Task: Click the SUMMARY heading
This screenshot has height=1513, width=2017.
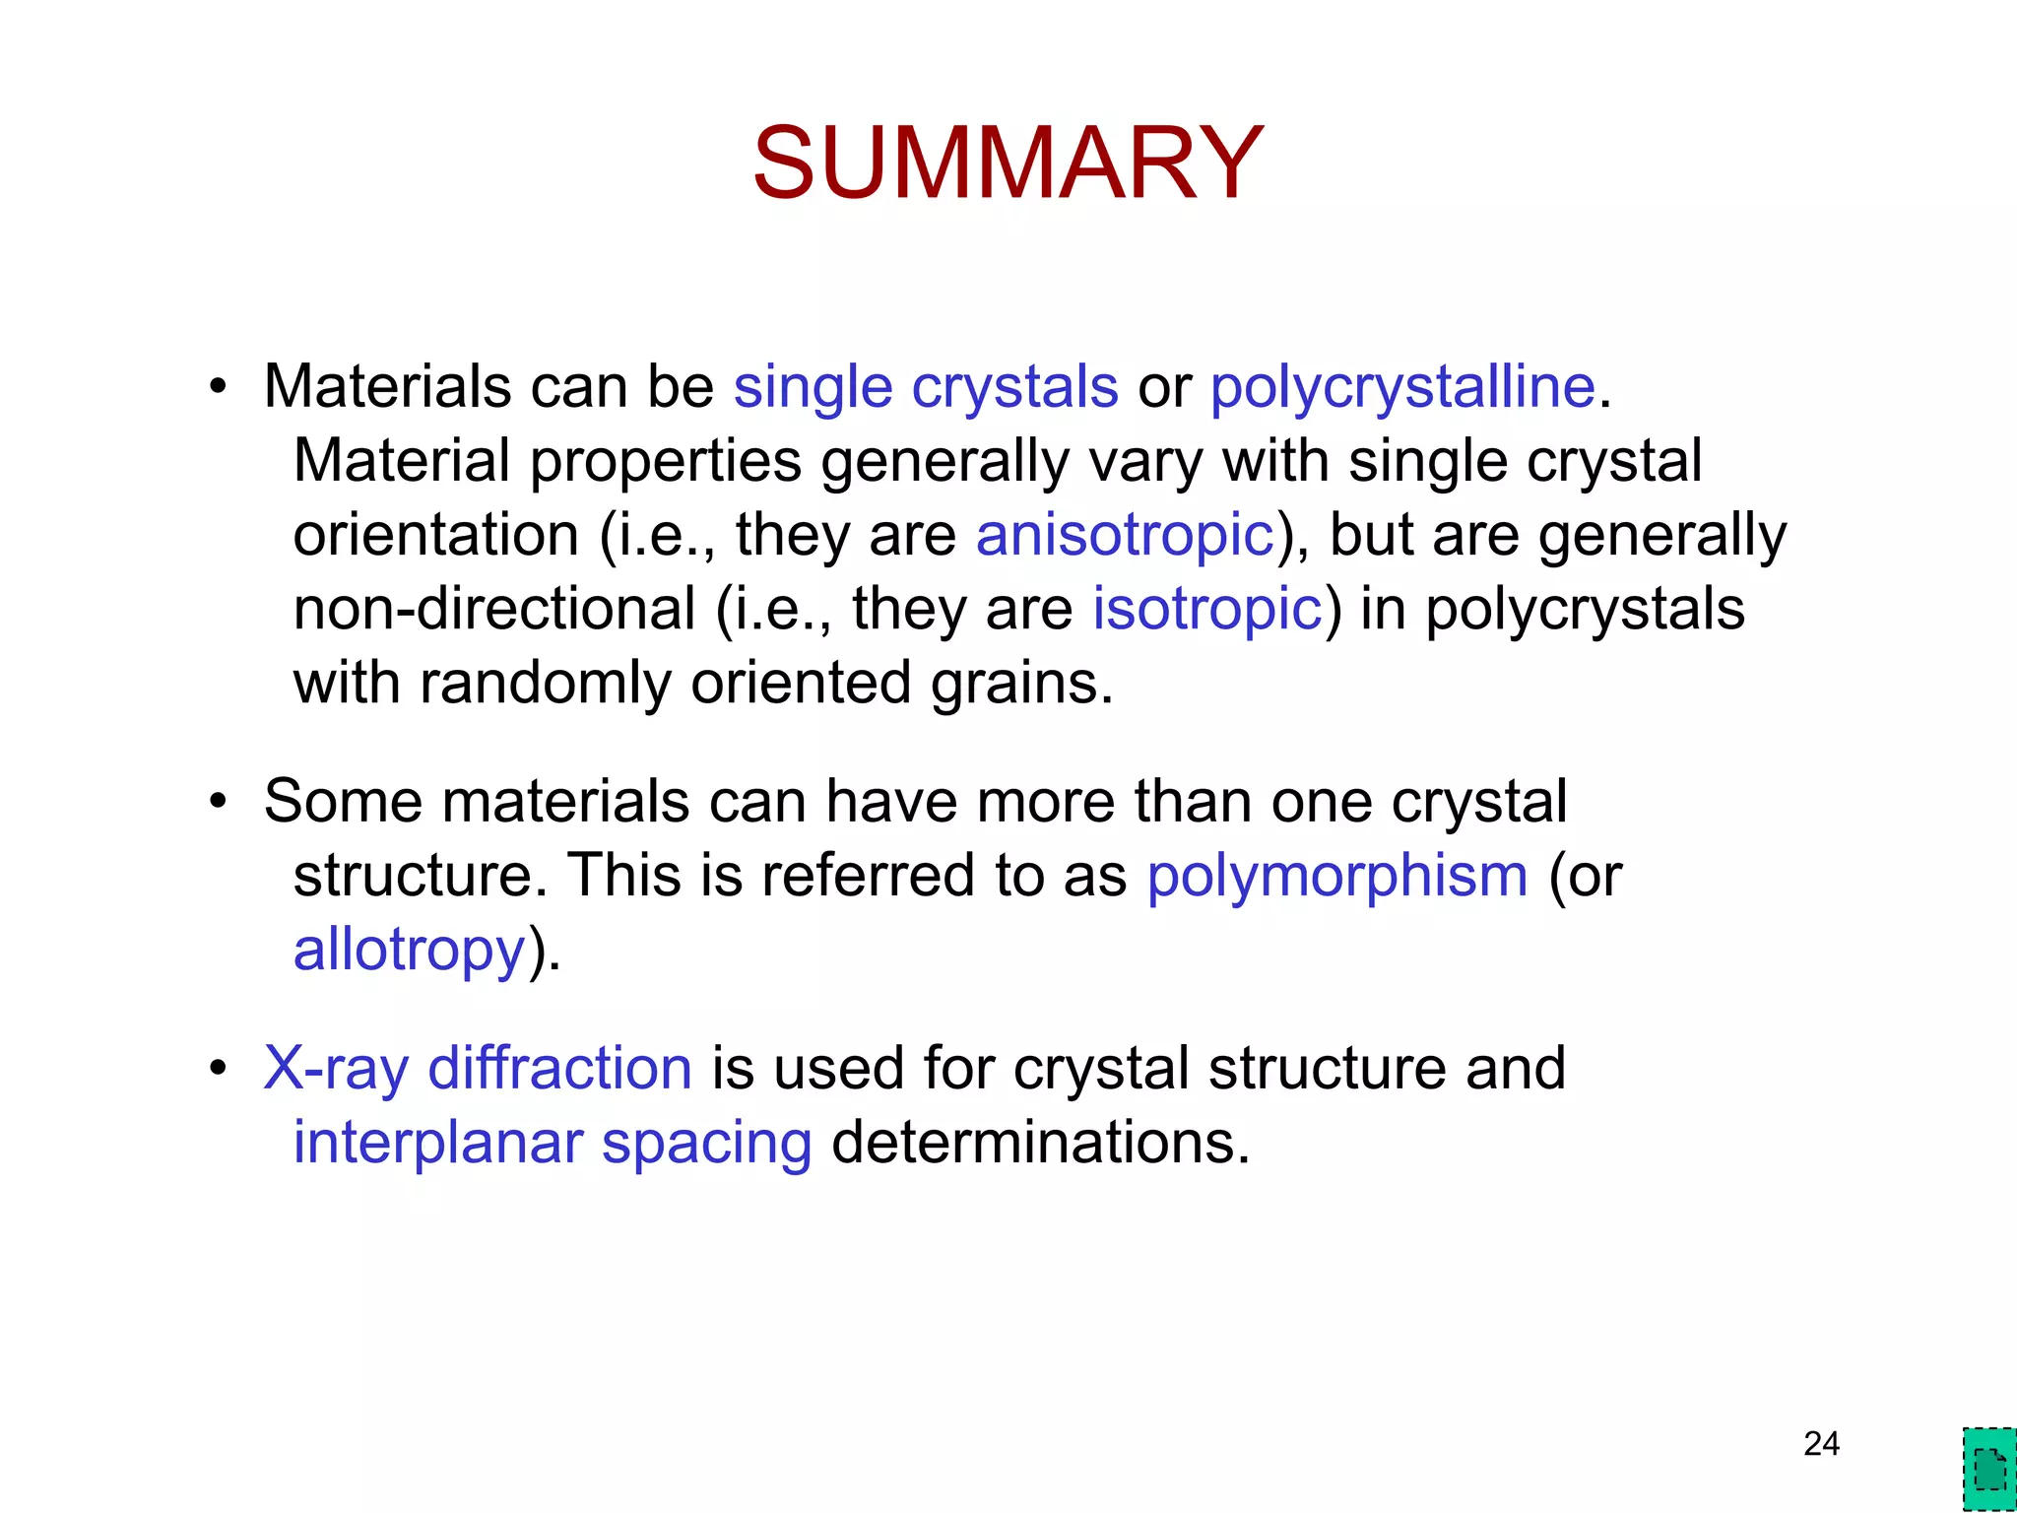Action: coord(1007,163)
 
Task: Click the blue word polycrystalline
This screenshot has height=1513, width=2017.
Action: coord(1401,386)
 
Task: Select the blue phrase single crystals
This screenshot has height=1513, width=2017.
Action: coord(925,386)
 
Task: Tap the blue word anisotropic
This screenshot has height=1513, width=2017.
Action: coord(1125,535)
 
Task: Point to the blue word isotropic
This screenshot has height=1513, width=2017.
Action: coord(1206,609)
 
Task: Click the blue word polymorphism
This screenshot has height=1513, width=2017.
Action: coord(1336,875)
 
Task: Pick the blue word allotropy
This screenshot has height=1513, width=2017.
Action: coord(409,950)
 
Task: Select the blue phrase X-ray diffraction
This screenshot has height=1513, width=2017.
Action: coord(478,1068)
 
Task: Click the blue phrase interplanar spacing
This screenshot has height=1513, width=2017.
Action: coord(553,1143)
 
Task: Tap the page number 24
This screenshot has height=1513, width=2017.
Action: coord(1821,1444)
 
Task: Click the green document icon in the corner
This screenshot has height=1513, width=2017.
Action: coord(1988,1470)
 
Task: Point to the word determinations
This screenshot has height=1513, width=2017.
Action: coord(1040,1143)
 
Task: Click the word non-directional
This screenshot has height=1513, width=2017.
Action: coord(494,609)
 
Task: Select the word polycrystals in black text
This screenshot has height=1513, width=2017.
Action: coord(1585,609)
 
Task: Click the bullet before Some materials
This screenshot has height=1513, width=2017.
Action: coord(218,801)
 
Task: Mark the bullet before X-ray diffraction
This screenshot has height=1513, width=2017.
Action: coord(218,1069)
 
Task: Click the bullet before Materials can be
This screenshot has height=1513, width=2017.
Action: coord(218,387)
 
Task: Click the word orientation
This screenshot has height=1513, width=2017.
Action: coord(435,535)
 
